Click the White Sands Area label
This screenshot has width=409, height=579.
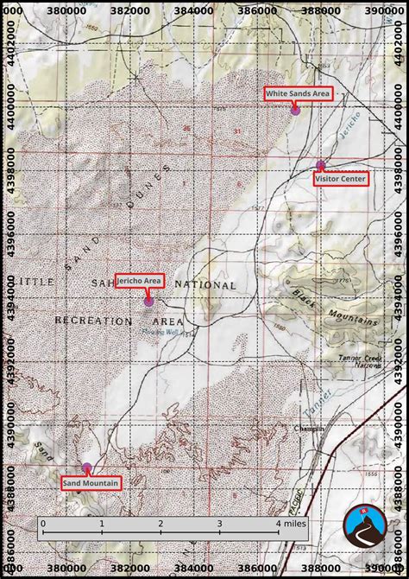coord(298,93)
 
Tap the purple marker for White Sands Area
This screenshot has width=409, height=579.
coord(295,110)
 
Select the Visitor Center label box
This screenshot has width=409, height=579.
coord(341,179)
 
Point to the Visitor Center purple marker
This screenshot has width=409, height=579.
coord(321,165)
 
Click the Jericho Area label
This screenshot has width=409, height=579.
coord(139,281)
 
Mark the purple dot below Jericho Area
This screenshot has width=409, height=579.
coord(148,302)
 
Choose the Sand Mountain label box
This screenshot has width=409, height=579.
coord(91,482)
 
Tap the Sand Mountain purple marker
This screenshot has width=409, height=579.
coord(85,468)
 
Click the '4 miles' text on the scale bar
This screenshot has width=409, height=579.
coord(291,524)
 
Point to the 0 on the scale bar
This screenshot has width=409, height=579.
coord(42,524)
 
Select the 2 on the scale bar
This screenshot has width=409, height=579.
coord(160,524)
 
